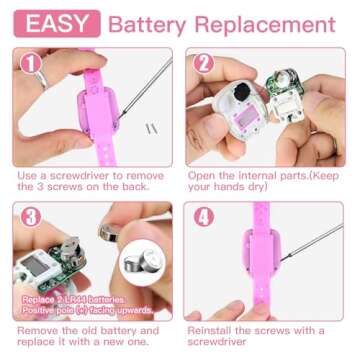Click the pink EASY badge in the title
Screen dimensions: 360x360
point(57,23)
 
